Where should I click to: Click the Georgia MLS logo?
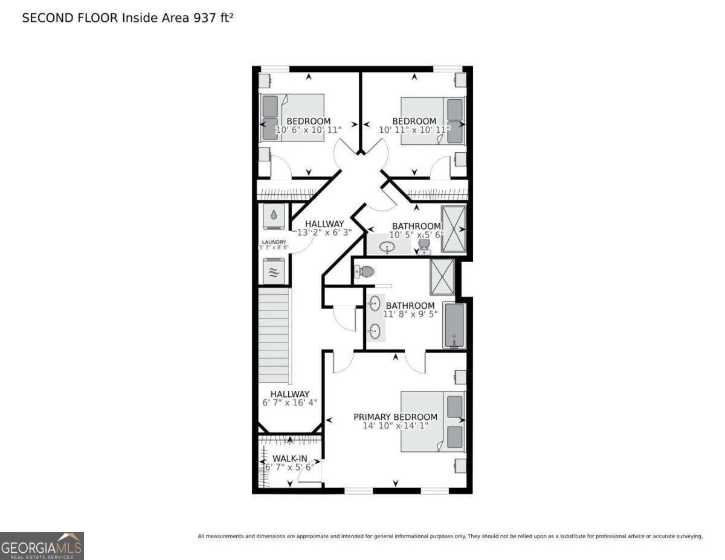tap(42, 546)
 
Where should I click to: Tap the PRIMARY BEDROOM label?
tap(395, 417)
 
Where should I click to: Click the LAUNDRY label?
tap(274, 242)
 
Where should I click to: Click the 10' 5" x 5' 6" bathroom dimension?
tap(417, 235)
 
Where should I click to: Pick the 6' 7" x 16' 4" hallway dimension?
tap(290, 403)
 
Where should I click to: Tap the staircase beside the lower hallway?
tap(274, 335)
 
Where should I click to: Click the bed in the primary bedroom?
tap(433, 421)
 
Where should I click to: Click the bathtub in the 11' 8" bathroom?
tap(454, 326)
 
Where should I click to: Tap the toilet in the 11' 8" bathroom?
tap(364, 272)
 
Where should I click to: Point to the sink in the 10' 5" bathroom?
tap(387, 247)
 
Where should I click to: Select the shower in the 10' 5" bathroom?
tap(454, 229)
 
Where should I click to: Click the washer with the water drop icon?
tap(274, 216)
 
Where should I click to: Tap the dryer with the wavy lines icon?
tap(274, 271)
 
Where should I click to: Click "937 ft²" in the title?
tap(213, 18)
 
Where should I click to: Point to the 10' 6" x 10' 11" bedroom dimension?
tap(308, 130)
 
